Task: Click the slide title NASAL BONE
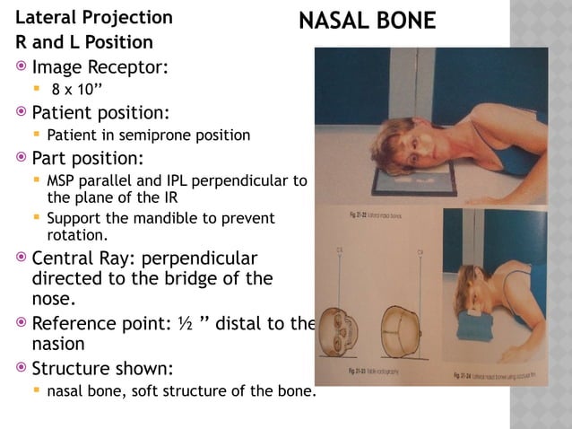pyautogui.click(x=368, y=21)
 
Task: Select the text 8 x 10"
pyautogui.click(x=75, y=90)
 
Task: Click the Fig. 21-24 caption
pyautogui.click(x=489, y=370)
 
